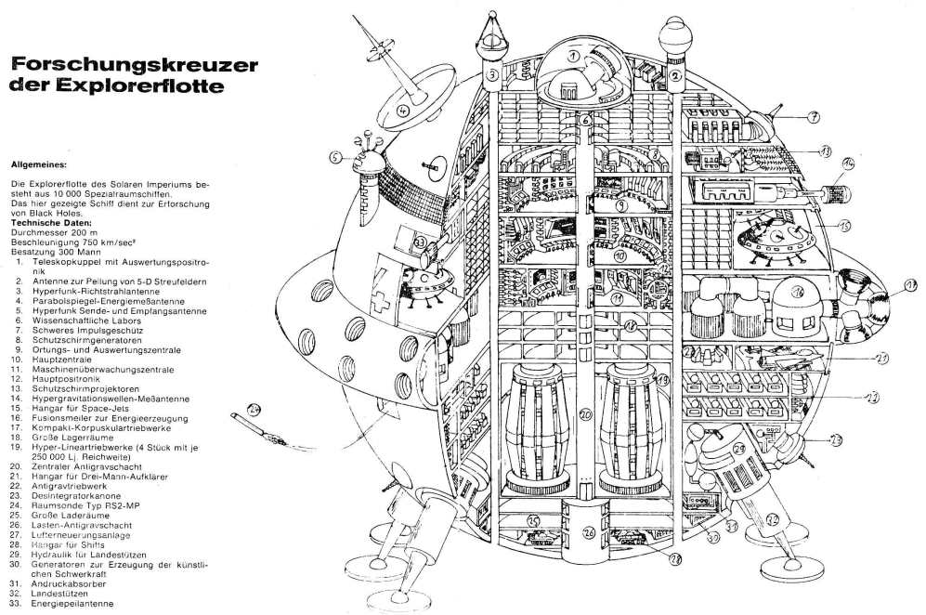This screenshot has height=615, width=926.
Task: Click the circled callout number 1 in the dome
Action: tap(574, 57)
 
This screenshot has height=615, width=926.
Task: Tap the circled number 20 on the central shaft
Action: tap(585, 413)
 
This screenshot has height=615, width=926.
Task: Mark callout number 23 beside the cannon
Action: tap(835, 439)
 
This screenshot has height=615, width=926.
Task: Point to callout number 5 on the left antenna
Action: tap(336, 158)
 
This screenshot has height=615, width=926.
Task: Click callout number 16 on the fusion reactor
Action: tap(797, 291)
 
